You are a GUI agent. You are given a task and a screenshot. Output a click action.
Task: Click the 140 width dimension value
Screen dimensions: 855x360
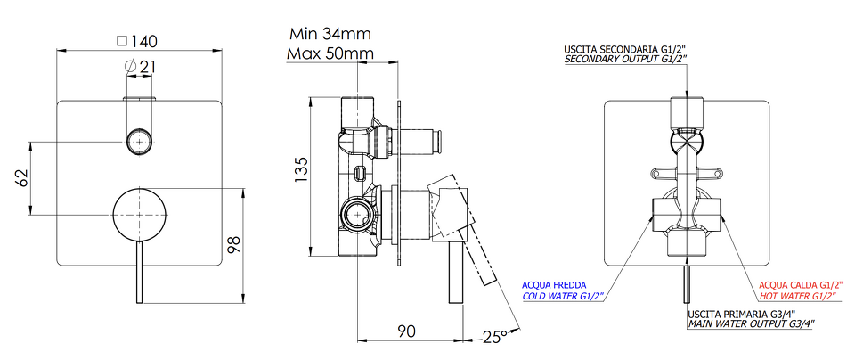144,42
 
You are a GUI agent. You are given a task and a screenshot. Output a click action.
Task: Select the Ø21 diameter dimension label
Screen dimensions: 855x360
141,67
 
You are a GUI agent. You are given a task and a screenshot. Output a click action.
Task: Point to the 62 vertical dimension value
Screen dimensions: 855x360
20,178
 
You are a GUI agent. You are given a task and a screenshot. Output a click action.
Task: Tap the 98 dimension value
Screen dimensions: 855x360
233,245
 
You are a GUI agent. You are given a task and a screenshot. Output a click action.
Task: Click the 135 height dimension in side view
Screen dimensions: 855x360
302,170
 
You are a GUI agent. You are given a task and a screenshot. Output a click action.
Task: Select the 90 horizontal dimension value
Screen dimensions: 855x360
406,331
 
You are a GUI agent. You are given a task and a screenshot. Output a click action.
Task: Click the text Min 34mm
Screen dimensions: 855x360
330,34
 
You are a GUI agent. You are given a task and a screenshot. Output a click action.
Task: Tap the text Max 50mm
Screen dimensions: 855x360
330,53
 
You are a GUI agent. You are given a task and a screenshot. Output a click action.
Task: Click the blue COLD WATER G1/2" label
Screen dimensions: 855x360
564,297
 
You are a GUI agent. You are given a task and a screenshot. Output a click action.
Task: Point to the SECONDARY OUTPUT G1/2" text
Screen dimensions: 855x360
626,59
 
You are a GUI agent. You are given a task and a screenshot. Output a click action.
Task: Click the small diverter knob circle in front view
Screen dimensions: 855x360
140,143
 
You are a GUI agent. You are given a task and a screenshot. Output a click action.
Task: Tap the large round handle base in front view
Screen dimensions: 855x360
140,215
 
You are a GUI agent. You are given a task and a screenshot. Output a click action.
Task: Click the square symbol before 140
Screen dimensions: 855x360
122,41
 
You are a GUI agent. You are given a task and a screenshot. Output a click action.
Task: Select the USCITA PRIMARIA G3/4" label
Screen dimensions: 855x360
742,315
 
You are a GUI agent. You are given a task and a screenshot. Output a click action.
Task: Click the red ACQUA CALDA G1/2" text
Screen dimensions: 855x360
801,285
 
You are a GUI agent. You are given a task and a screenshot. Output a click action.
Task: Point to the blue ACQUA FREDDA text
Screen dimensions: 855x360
554,285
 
